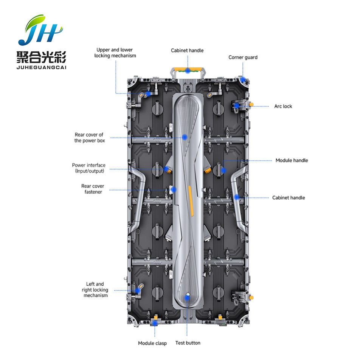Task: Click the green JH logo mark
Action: [x=40, y=30]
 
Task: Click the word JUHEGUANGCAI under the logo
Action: [x=42, y=67]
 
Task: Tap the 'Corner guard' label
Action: [x=243, y=57]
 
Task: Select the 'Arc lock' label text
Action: [x=283, y=106]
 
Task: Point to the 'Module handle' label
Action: [x=292, y=160]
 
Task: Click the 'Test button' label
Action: [x=188, y=343]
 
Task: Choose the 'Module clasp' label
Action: [x=152, y=343]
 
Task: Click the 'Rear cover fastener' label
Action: [x=93, y=189]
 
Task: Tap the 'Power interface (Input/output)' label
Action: [x=89, y=168]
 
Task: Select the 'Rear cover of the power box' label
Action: [x=89, y=138]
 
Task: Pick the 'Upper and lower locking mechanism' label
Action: [x=115, y=53]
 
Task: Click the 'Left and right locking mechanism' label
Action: [x=95, y=290]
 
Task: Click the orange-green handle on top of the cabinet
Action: [x=187, y=70]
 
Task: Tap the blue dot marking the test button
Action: [x=187, y=298]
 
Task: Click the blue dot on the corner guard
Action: [x=244, y=80]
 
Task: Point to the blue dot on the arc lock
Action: [x=236, y=106]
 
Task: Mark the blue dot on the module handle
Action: [x=223, y=170]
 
